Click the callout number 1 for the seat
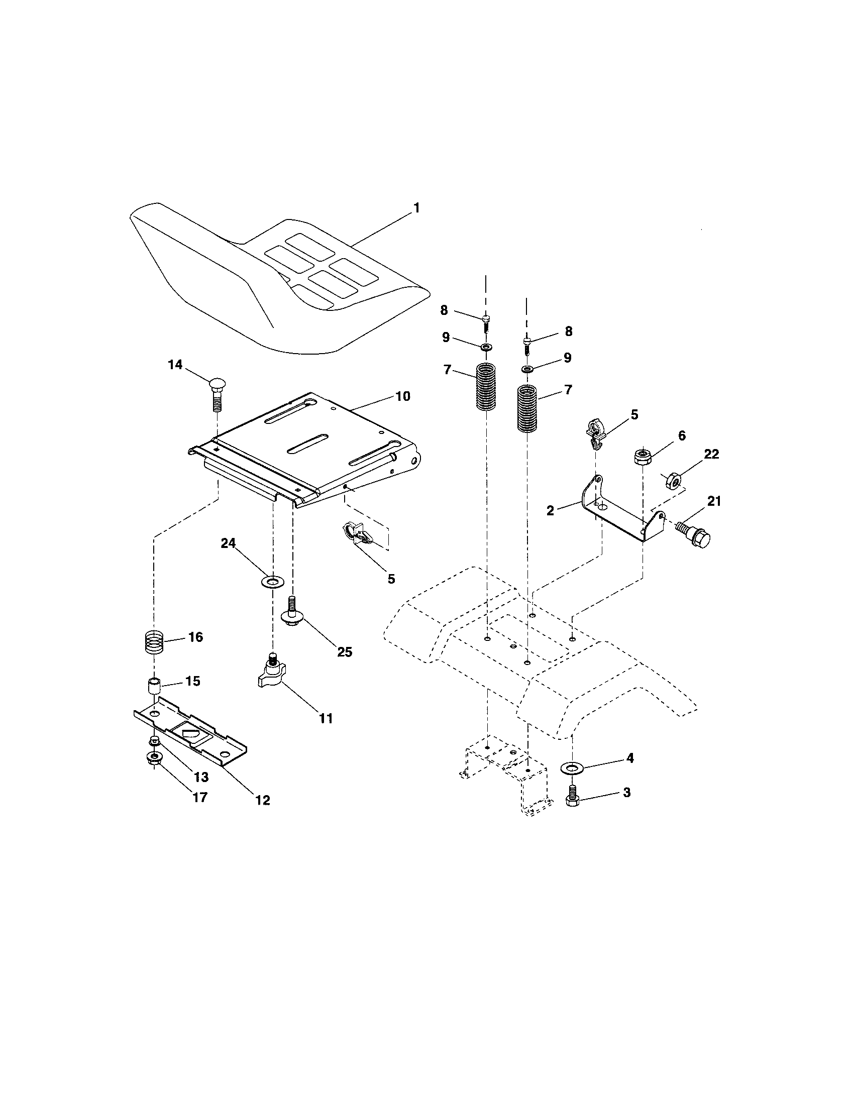pos(416,208)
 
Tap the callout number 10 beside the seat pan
pos(402,396)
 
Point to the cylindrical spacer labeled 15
pos(154,687)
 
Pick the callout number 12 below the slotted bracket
pos(263,800)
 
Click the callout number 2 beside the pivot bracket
pos(551,510)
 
